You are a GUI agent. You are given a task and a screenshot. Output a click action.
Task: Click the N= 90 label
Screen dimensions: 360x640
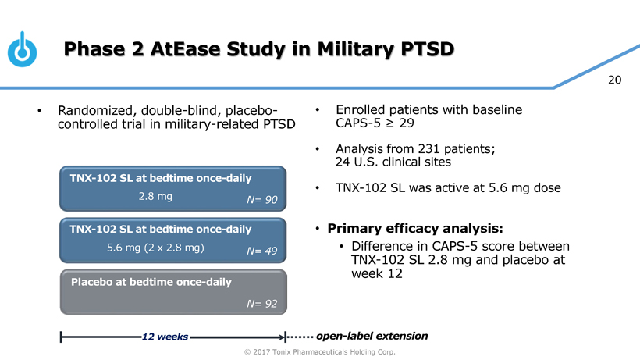coord(262,201)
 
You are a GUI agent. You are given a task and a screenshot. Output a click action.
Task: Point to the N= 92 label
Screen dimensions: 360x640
coord(262,303)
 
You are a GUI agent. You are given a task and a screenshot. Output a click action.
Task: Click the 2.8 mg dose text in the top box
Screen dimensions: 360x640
coord(155,196)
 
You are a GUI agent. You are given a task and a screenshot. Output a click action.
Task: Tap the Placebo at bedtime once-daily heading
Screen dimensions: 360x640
coord(151,281)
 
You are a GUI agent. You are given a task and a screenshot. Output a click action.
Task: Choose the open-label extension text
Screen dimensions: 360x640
coord(373,336)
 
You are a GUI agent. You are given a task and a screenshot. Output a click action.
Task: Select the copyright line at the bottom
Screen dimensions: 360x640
coord(320,352)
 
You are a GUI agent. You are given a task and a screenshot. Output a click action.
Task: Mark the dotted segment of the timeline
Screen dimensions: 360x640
coord(301,337)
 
